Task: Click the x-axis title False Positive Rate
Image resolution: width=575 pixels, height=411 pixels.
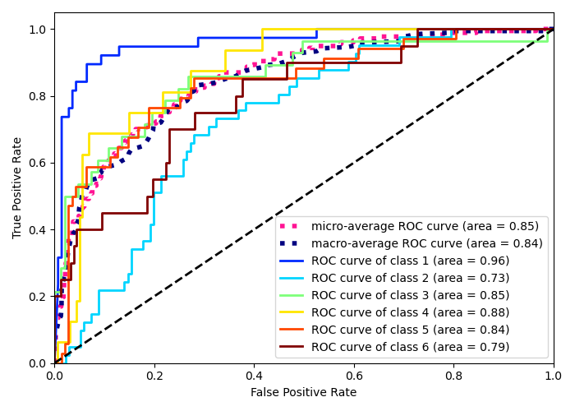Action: point(303,393)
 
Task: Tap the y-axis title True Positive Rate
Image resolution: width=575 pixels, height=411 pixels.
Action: point(18,187)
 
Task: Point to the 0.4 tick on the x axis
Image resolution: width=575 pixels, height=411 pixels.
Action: point(254,375)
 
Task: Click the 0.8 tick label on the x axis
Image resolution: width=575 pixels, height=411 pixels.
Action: point(453,375)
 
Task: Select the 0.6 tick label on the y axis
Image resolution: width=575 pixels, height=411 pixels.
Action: point(37,163)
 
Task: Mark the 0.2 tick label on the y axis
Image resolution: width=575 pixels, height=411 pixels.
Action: point(37,297)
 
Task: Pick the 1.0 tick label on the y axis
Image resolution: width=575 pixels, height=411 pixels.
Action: point(37,30)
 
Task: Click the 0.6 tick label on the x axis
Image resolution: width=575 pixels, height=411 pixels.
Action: point(354,375)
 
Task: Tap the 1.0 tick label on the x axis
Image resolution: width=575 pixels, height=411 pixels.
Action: point(553,375)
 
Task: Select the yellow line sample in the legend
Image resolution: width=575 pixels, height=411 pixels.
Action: point(292,312)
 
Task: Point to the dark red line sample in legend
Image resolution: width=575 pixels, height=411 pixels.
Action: point(292,347)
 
